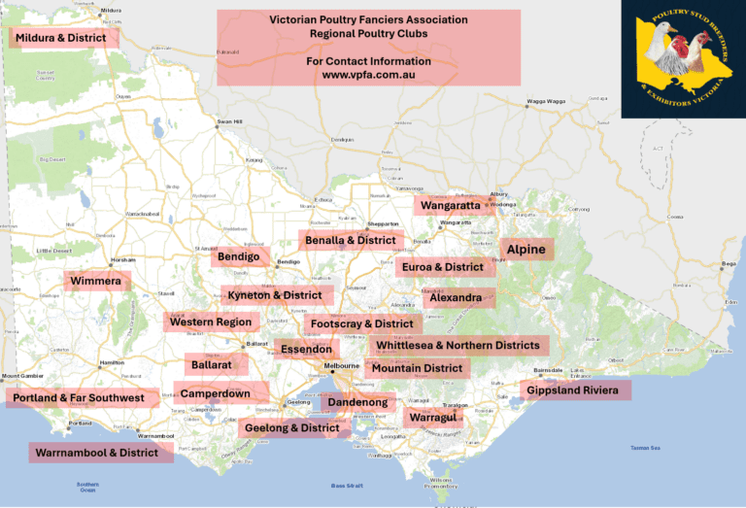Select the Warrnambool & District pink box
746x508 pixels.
pyautogui.click(x=100, y=453)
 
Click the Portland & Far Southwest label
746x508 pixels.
pyautogui.click(x=79, y=398)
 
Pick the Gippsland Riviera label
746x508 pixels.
pyautogui.click(x=576, y=390)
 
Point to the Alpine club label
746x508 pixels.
pyautogui.click(x=526, y=250)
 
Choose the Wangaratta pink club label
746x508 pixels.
pyautogui.click(x=451, y=206)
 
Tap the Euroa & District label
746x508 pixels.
pyautogui.click(x=444, y=267)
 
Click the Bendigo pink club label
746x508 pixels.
pyautogui.click(x=239, y=257)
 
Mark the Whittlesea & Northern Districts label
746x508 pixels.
pyautogui.click(x=458, y=345)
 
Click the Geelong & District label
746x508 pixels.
pyautogui.click(x=293, y=427)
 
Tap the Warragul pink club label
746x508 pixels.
pyautogui.click(x=433, y=418)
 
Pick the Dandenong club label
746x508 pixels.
pyautogui.click(x=357, y=402)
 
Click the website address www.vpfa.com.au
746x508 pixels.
pyautogui.click(x=368, y=75)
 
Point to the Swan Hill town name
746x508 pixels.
pyautogui.click(x=229, y=121)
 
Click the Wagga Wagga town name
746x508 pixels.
pyautogui.click(x=545, y=101)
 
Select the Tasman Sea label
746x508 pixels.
pyautogui.click(x=645, y=448)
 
